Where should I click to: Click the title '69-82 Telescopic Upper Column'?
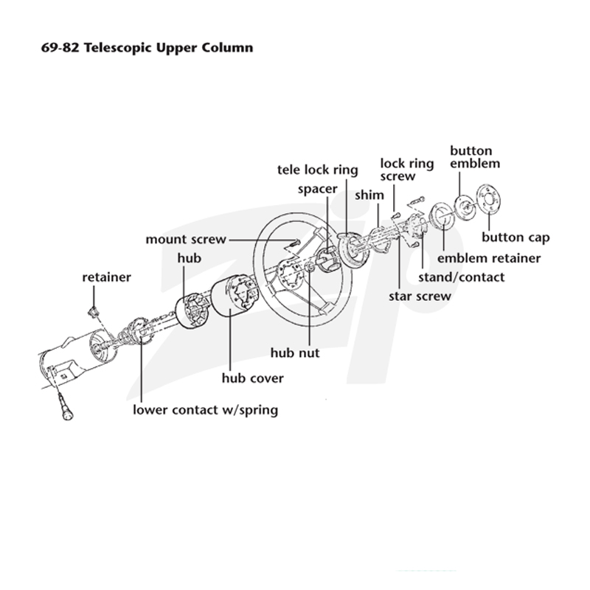pos(147,49)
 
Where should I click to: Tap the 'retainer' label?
pos(106,277)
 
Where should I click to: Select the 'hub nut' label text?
pos(295,353)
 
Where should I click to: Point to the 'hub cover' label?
pos(252,378)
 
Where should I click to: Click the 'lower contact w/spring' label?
pos(206,410)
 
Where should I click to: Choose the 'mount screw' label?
pos(186,239)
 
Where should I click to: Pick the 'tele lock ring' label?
pos(318,170)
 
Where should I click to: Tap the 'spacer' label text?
pos(318,190)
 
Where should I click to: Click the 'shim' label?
pos(369,195)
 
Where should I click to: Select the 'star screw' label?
pos(420,296)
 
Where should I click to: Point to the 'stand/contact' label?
pos(462,277)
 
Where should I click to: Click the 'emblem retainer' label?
pos(489,258)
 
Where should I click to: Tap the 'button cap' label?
pos(516,237)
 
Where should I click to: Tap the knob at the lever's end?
pos(67,413)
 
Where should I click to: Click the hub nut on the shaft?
pos(309,268)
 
